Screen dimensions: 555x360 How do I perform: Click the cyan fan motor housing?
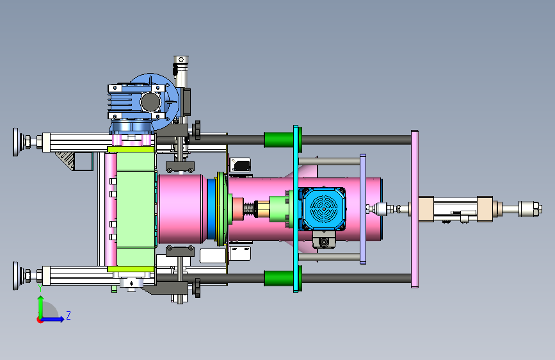click(322, 209)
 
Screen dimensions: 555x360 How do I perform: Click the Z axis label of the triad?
click(68, 315)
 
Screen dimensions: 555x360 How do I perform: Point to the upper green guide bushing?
click(282, 140)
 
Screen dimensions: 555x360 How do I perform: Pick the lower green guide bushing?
click(282, 278)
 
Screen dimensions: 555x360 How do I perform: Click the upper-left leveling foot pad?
click(15, 142)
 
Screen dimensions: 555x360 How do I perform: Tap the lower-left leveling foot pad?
click(15, 275)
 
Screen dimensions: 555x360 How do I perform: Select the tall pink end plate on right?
click(414, 209)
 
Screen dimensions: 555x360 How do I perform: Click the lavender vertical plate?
click(363, 209)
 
